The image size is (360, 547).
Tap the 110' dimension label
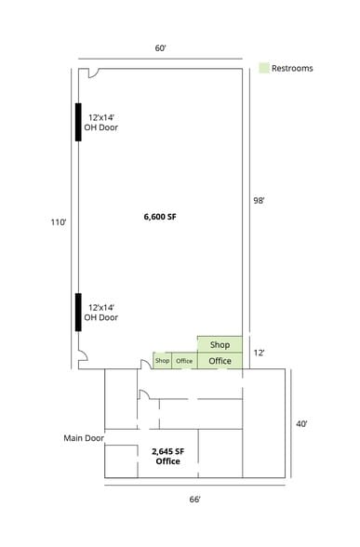tap(59, 222)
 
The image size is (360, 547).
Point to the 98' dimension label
tap(261, 198)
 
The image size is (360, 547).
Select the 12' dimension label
tap(261, 353)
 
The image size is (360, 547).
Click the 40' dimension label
tap(303, 423)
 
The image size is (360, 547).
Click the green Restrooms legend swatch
tap(264, 68)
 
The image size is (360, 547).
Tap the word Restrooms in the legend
tap(292, 68)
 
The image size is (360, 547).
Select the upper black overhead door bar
tap(79, 121)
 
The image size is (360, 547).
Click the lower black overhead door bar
tap(79, 312)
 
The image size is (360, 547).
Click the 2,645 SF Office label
tap(167, 456)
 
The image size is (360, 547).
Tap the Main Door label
tap(84, 437)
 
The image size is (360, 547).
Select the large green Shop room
tap(220, 344)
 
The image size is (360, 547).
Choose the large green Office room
tap(220, 360)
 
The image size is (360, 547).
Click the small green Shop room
tap(163, 361)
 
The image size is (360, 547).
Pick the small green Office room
tap(184, 361)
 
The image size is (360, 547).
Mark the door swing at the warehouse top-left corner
tap(84, 74)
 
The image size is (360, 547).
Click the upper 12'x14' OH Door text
tap(102, 123)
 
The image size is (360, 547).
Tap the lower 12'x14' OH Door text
tap(102, 312)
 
